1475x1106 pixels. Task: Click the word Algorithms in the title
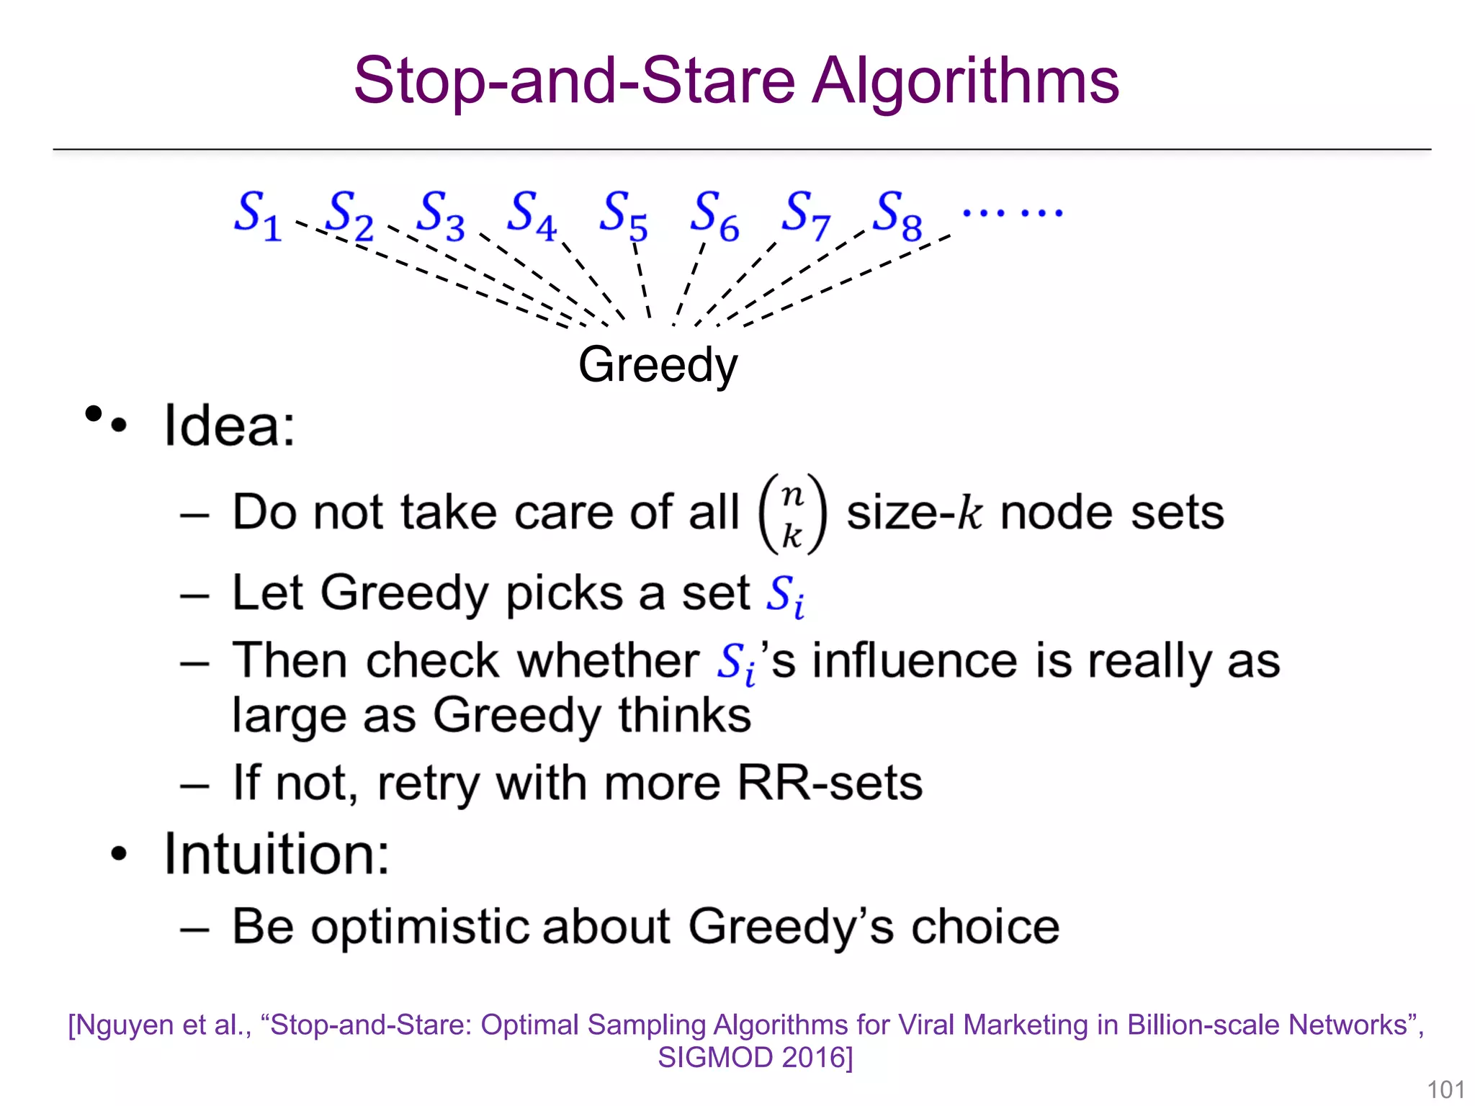pyautogui.click(x=966, y=81)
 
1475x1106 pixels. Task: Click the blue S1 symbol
pyautogui.click(x=257, y=214)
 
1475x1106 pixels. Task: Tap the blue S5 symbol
pyautogui.click(x=623, y=214)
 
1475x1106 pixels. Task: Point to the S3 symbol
pyautogui.click(x=441, y=214)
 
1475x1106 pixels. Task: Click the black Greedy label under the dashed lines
pyautogui.click(x=658, y=364)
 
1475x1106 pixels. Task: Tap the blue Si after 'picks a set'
pyautogui.click(x=784, y=595)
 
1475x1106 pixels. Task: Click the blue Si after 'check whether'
pyautogui.click(x=735, y=662)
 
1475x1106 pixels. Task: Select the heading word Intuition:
pyautogui.click(x=277, y=854)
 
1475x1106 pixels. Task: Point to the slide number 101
pyautogui.click(x=1445, y=1089)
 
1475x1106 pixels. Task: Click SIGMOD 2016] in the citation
pyautogui.click(x=755, y=1057)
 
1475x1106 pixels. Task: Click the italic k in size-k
pyautogui.click(x=970, y=513)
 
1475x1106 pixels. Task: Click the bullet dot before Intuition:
pyautogui.click(x=119, y=854)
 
